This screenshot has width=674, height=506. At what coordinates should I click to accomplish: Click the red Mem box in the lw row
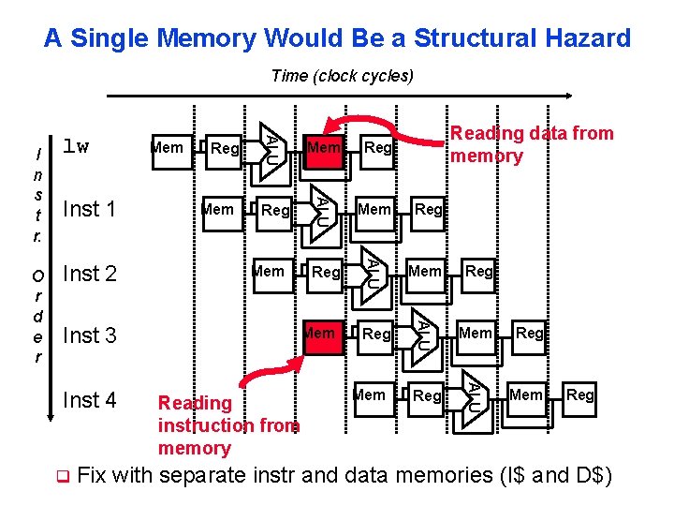[324, 148]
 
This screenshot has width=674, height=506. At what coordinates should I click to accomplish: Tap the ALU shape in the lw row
[270, 147]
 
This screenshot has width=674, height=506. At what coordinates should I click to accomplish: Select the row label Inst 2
[89, 274]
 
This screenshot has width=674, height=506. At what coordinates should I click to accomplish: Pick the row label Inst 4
[89, 400]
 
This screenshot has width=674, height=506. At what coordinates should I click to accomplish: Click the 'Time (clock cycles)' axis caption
[342, 76]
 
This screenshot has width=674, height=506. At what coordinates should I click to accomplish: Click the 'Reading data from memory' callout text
[531, 144]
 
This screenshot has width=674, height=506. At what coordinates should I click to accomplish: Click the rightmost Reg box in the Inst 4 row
[579, 395]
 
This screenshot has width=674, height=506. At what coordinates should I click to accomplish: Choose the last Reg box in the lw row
[377, 148]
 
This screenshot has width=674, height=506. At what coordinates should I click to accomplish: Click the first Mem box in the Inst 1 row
[218, 210]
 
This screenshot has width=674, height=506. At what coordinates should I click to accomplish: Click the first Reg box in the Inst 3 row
[376, 334]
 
